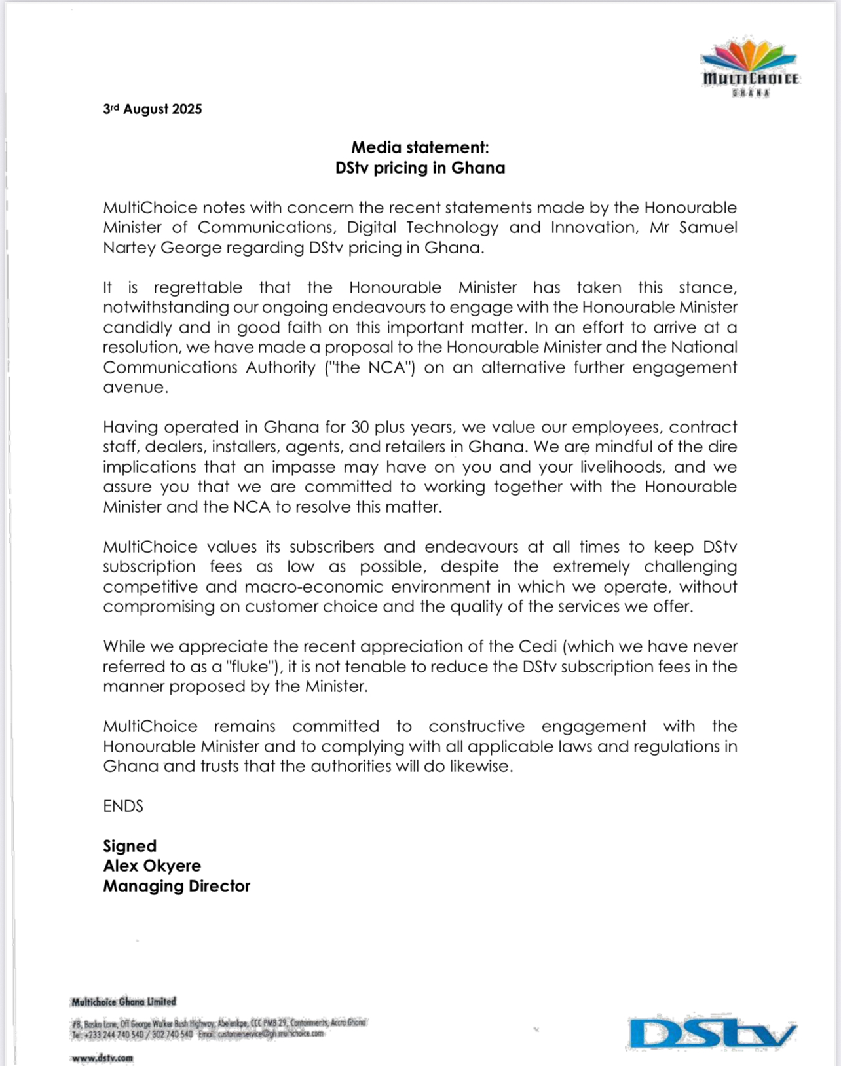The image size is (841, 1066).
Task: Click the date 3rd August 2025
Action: (153, 109)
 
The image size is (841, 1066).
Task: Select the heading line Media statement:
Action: (420, 147)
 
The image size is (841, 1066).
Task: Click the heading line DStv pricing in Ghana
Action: (420, 168)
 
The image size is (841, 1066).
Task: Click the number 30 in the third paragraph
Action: (360, 428)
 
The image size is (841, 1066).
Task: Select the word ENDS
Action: (123, 807)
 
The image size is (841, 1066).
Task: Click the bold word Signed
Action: (130, 847)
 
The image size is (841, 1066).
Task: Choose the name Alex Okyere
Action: (152, 866)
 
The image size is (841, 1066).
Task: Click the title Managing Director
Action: (177, 887)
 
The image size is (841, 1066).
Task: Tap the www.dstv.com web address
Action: (102, 1057)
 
